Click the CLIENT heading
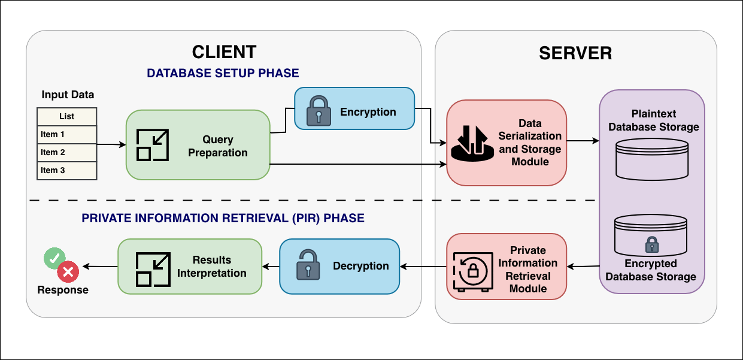click(224, 52)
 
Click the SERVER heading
click(575, 53)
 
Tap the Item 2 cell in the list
click(66, 153)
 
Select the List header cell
click(66, 117)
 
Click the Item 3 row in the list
click(66, 171)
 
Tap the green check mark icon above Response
click(54, 258)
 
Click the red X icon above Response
click(68, 273)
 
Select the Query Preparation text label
click(218, 146)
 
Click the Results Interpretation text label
click(211, 267)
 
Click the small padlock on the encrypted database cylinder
click(651, 244)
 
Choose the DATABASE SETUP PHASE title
click(223, 73)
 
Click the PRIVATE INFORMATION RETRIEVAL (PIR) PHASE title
click(223, 218)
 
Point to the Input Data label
click(68, 95)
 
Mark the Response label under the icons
click(63, 290)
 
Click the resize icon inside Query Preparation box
click(151, 145)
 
